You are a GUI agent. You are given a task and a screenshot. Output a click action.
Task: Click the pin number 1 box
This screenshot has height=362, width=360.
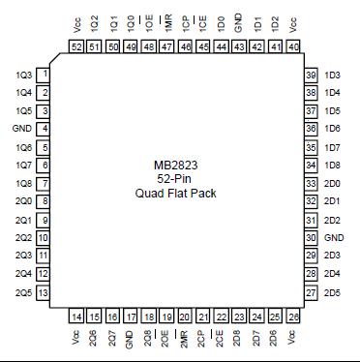coord(45,75)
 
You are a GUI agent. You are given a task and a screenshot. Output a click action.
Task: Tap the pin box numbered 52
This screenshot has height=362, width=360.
coord(76,46)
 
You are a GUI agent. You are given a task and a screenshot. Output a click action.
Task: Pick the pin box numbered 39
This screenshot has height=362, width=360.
coord(311,75)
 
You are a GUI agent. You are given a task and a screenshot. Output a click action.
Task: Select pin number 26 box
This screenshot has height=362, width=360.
coord(293,317)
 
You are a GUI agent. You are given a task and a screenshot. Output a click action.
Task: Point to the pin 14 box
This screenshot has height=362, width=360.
coord(76,317)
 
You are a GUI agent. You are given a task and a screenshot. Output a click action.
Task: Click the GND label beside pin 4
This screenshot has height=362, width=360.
coord(20,129)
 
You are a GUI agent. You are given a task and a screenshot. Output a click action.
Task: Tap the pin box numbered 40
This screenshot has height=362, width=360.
coord(293,46)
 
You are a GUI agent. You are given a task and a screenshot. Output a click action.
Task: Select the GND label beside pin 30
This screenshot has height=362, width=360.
coord(334,237)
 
